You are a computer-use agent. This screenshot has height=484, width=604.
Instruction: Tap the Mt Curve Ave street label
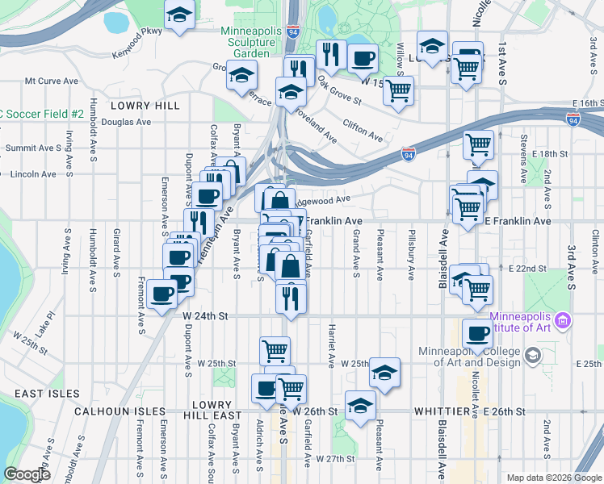coord(51,81)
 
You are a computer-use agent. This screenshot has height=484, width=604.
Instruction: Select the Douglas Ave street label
coord(126,123)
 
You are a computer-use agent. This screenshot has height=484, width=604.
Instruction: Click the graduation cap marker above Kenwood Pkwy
coord(179,15)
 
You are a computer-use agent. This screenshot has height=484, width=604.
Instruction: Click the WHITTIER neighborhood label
coord(442,411)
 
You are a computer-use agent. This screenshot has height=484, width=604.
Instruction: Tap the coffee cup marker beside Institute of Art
coord(477,333)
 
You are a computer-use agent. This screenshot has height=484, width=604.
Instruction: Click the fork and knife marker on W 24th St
coord(290,297)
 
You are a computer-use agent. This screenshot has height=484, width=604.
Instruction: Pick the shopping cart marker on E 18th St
coord(478,145)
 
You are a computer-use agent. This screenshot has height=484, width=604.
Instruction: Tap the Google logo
coord(27,475)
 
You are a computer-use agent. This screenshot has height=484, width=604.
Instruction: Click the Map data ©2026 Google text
coord(553,478)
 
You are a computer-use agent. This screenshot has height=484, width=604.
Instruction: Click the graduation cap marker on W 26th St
coord(360,406)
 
